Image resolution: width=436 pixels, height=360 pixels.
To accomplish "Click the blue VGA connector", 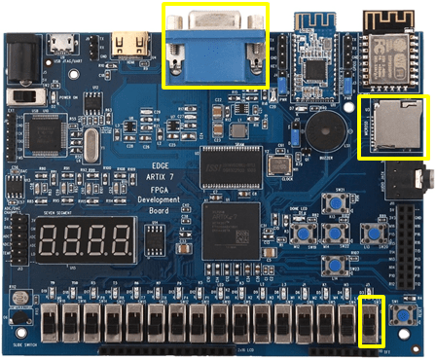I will (215, 45).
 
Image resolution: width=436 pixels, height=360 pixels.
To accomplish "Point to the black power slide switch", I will (36, 97).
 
